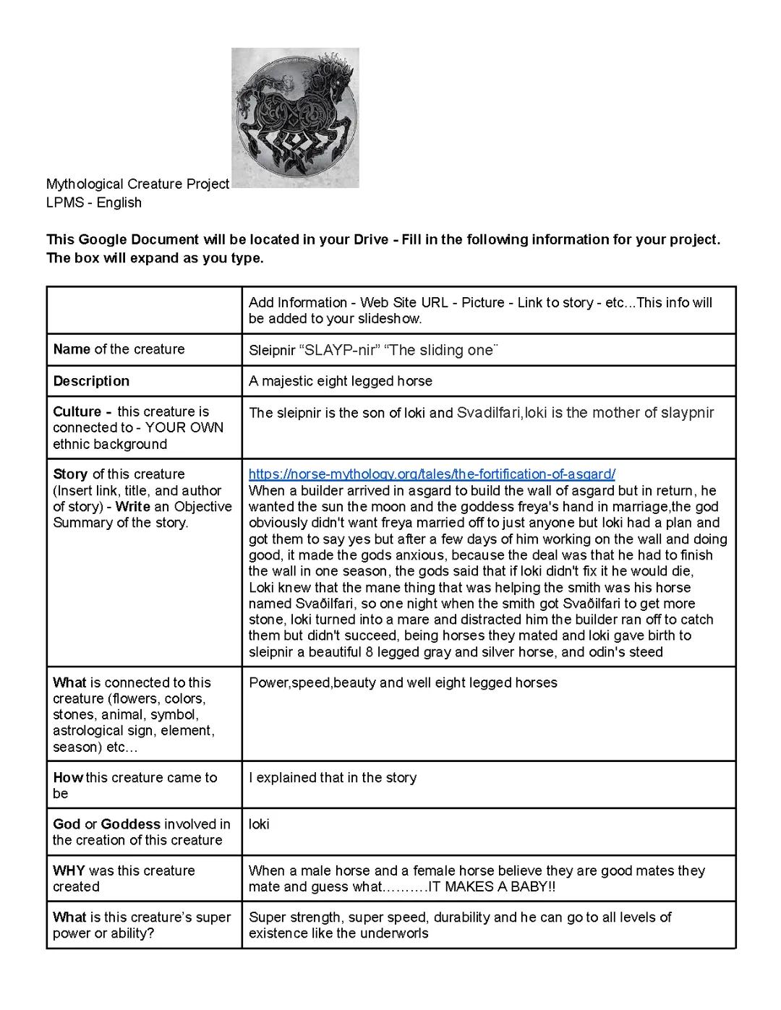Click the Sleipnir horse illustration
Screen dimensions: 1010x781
click(x=295, y=117)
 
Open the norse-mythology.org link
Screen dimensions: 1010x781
click(x=432, y=474)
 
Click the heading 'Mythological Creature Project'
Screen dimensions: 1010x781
click(x=137, y=184)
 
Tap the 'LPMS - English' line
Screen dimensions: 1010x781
click(x=94, y=202)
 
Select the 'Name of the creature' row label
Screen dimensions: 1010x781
click(x=119, y=349)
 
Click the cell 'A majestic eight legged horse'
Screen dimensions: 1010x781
click(x=341, y=381)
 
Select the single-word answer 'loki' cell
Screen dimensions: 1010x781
click(x=259, y=824)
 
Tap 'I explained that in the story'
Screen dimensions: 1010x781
click(x=333, y=778)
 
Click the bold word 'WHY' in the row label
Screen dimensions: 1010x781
click(x=69, y=870)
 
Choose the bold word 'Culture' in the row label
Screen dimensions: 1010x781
click(x=77, y=411)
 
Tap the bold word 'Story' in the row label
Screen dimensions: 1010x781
click(x=70, y=474)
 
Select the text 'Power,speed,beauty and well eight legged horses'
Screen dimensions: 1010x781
click(x=403, y=682)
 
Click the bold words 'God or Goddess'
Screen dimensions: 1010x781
click(x=106, y=824)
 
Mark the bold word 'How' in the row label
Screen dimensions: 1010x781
click(x=68, y=778)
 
